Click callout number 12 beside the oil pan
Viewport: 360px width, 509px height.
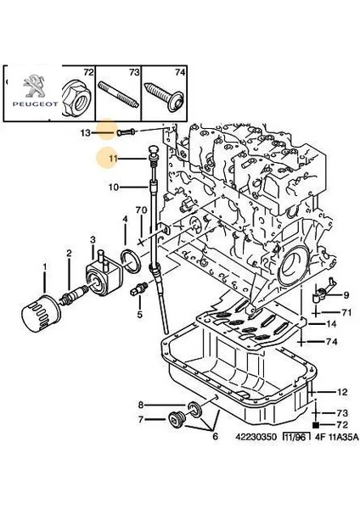pos(341,392)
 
